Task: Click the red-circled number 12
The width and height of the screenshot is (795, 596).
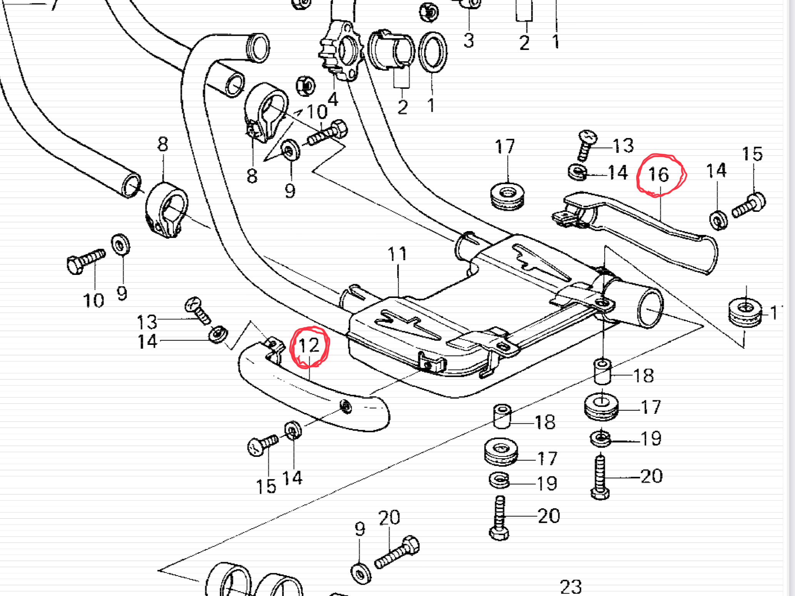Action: click(309, 346)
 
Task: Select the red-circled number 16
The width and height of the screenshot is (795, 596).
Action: click(659, 175)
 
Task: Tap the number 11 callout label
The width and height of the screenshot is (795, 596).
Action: click(397, 254)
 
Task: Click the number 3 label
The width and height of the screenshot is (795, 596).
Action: click(469, 41)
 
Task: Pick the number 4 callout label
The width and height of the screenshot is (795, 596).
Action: click(333, 100)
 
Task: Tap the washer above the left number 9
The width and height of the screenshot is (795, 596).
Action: click(120, 244)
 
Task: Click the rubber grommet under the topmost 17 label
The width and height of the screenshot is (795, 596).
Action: click(508, 196)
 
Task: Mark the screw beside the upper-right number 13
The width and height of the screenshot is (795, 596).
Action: click(586, 145)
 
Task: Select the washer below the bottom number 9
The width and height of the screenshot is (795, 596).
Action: click(361, 573)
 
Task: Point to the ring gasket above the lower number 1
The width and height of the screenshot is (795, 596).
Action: click(433, 52)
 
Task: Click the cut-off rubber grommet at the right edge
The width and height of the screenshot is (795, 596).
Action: click(745, 312)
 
